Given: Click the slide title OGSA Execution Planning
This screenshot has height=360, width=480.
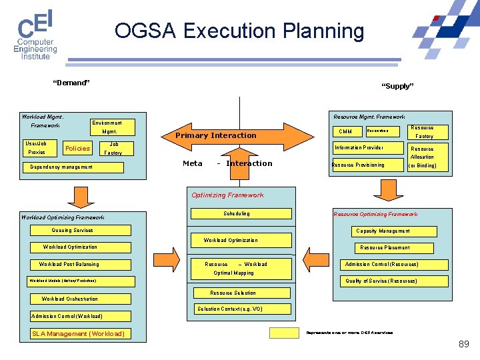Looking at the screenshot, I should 239,31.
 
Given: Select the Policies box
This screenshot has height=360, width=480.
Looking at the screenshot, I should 77,148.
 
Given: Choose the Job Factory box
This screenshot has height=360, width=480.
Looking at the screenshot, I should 113,148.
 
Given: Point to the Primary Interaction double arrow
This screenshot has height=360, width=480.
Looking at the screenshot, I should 215,135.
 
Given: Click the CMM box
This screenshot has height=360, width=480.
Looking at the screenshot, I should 346,131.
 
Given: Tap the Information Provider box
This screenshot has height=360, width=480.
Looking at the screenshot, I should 368,147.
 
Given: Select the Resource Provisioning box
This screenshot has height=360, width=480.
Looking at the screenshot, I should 368,165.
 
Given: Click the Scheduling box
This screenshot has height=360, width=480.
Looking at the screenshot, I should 237,213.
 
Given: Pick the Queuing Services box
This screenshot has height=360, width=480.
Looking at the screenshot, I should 73,231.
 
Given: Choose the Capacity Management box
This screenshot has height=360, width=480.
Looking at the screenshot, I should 383,231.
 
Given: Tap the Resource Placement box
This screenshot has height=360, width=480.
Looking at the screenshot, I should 385,247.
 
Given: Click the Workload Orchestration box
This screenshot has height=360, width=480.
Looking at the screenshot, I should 69,299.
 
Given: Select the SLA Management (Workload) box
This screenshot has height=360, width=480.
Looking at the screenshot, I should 79,333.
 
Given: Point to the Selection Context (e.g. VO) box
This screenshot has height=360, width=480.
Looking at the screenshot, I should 230,309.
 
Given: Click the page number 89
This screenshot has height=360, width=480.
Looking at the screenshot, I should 463,344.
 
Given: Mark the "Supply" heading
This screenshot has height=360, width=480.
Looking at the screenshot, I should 397,86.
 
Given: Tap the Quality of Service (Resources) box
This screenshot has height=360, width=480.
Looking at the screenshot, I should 381,281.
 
